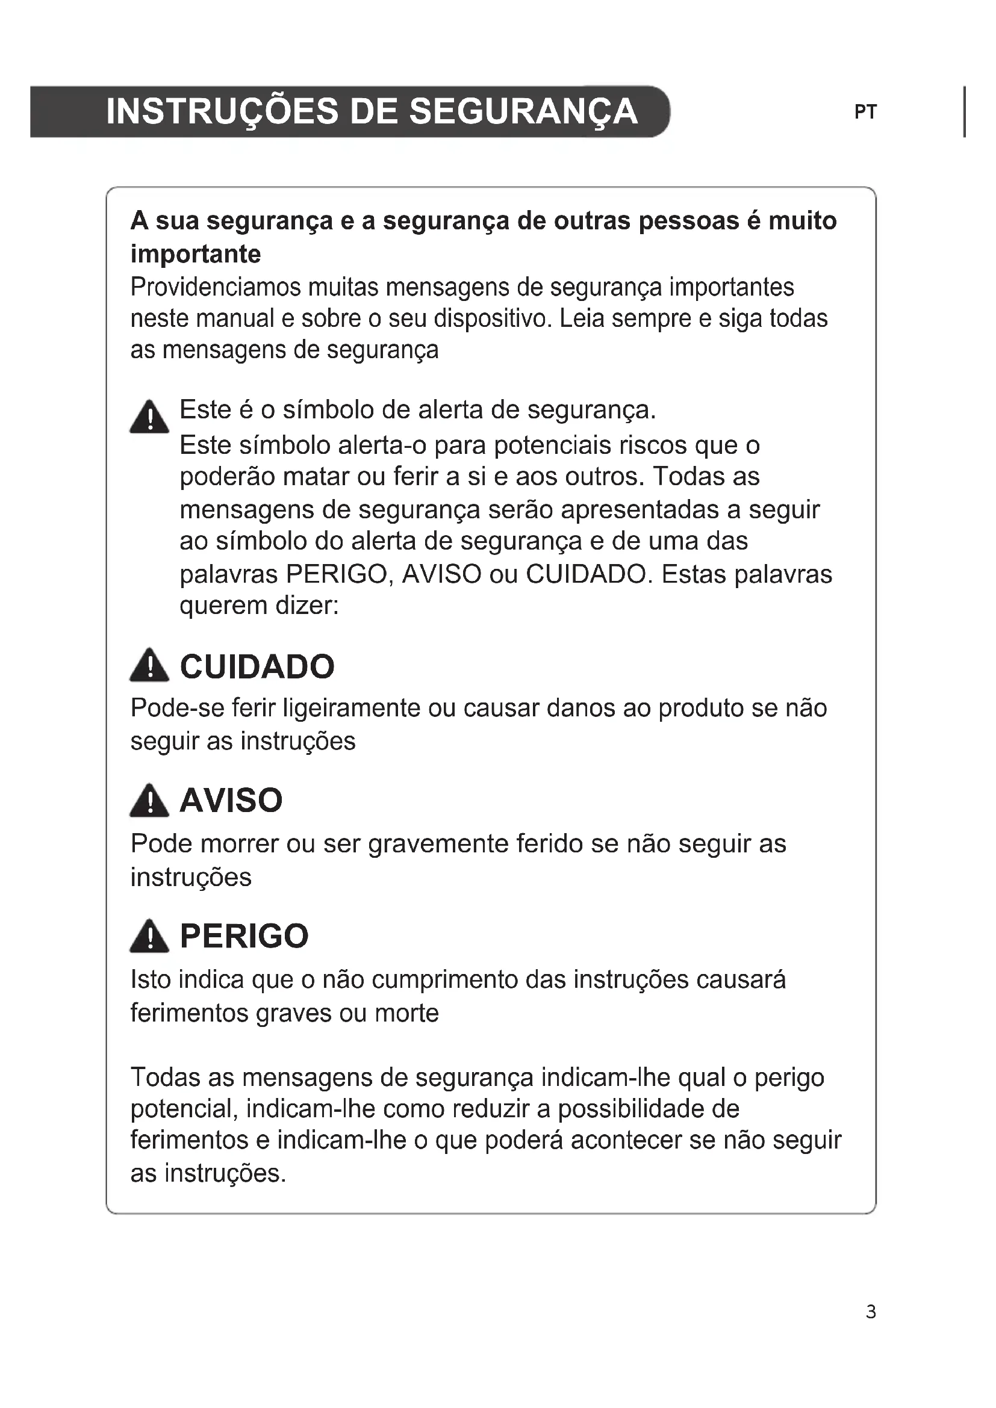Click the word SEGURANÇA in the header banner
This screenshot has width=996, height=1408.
523,111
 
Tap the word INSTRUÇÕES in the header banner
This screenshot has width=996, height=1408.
222,111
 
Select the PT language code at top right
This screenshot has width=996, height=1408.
865,112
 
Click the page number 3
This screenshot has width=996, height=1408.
871,1312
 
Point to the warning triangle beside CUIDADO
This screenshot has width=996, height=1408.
149,666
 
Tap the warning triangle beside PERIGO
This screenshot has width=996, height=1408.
149,937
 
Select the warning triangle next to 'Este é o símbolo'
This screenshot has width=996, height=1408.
149,418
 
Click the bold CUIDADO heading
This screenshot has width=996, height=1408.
257,666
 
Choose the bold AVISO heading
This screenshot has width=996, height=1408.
231,800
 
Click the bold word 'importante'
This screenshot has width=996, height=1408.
196,254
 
